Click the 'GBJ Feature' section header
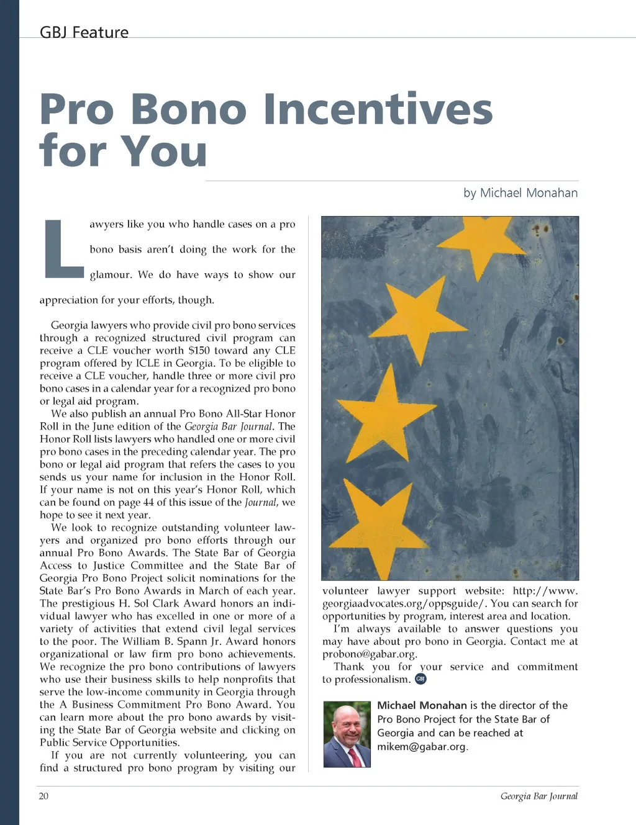(x=84, y=32)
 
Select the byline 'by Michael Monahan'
(x=520, y=193)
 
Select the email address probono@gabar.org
(x=369, y=654)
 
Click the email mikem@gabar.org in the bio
(x=422, y=747)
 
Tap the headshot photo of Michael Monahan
(x=347, y=734)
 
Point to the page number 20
(x=43, y=796)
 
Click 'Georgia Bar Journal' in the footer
(x=538, y=796)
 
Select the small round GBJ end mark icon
(x=420, y=679)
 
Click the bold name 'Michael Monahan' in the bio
(x=422, y=705)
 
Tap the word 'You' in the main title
(x=163, y=151)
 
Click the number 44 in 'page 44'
(x=148, y=502)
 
